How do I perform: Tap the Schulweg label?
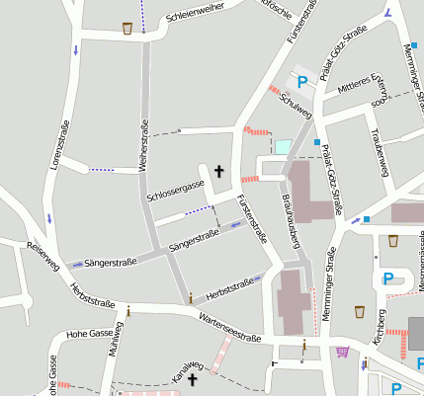coord(296,106)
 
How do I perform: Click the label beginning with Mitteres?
coord(359,85)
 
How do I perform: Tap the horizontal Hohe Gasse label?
coord(90,334)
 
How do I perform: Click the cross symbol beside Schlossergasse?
coord(218,172)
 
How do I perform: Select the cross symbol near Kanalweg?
coord(193,379)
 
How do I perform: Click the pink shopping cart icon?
coord(343,351)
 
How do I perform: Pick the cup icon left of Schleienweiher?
coord(127,28)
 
